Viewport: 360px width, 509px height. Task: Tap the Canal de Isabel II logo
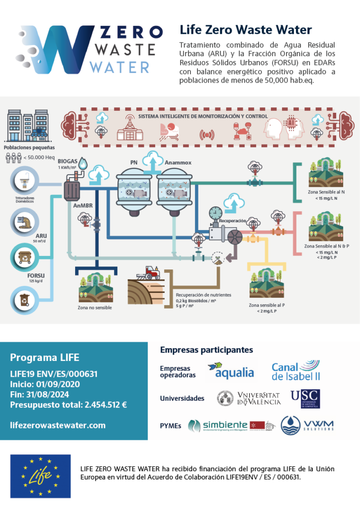tap(295, 371)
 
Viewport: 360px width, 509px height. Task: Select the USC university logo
tap(305, 399)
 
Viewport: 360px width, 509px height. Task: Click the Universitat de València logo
tap(249, 398)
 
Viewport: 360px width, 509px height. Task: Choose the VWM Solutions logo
tap(307, 425)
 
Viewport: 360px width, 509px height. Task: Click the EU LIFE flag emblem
tap(40, 476)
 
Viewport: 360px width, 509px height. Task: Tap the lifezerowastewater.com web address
tap(58, 425)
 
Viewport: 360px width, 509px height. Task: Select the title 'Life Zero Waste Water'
tap(246, 30)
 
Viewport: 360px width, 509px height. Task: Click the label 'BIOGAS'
tap(68, 162)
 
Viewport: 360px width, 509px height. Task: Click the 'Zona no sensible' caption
tap(94, 308)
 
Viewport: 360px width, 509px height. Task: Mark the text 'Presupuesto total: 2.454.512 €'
tap(68, 405)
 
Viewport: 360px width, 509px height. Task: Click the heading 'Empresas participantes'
tap(206, 350)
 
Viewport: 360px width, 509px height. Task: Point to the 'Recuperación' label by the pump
tap(232, 219)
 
